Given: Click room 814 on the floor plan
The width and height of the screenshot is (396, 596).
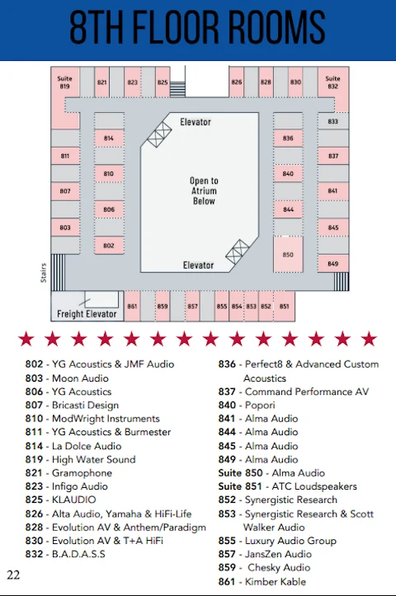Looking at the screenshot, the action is (109, 138).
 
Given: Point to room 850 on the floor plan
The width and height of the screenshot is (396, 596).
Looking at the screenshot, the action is (288, 254).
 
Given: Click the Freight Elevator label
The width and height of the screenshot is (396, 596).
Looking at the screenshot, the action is (87, 314).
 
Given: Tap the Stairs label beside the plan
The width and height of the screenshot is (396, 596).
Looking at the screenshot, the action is (44, 273).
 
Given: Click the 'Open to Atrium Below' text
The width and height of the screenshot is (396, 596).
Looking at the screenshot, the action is (204, 190).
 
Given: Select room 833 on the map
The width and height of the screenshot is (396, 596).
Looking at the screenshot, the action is (332, 121).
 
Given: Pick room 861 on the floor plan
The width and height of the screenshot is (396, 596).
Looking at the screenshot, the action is (132, 306).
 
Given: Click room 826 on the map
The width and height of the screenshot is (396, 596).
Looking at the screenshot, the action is (236, 82).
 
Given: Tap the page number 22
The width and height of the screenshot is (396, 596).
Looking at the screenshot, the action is (13, 575).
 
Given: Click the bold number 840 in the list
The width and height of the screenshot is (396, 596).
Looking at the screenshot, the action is (227, 406).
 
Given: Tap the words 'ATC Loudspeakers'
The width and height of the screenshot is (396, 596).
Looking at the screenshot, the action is (314, 486).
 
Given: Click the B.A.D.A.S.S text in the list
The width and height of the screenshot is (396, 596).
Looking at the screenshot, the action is (78, 554).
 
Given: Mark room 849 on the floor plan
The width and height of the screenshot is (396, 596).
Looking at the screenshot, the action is (332, 264).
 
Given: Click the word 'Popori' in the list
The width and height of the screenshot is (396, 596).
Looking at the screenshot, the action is (260, 406).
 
